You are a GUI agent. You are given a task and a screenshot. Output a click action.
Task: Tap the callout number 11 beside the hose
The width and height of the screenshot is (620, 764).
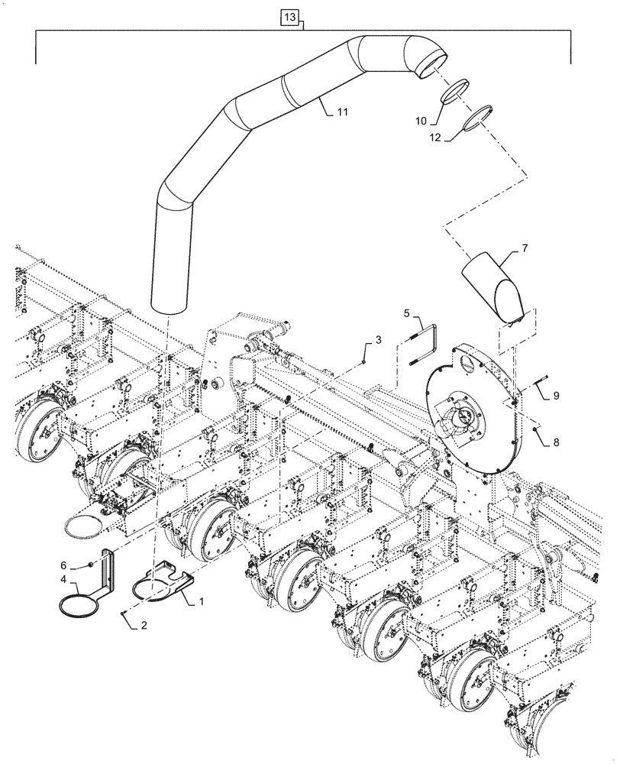point(341,112)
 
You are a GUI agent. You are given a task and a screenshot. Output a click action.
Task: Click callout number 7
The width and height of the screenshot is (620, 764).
point(525,248)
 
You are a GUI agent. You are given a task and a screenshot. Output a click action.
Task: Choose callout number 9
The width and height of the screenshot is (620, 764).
point(556,396)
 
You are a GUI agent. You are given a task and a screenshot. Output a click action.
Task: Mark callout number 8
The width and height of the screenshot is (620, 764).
point(556,441)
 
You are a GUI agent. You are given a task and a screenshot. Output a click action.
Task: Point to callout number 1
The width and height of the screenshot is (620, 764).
point(201,601)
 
